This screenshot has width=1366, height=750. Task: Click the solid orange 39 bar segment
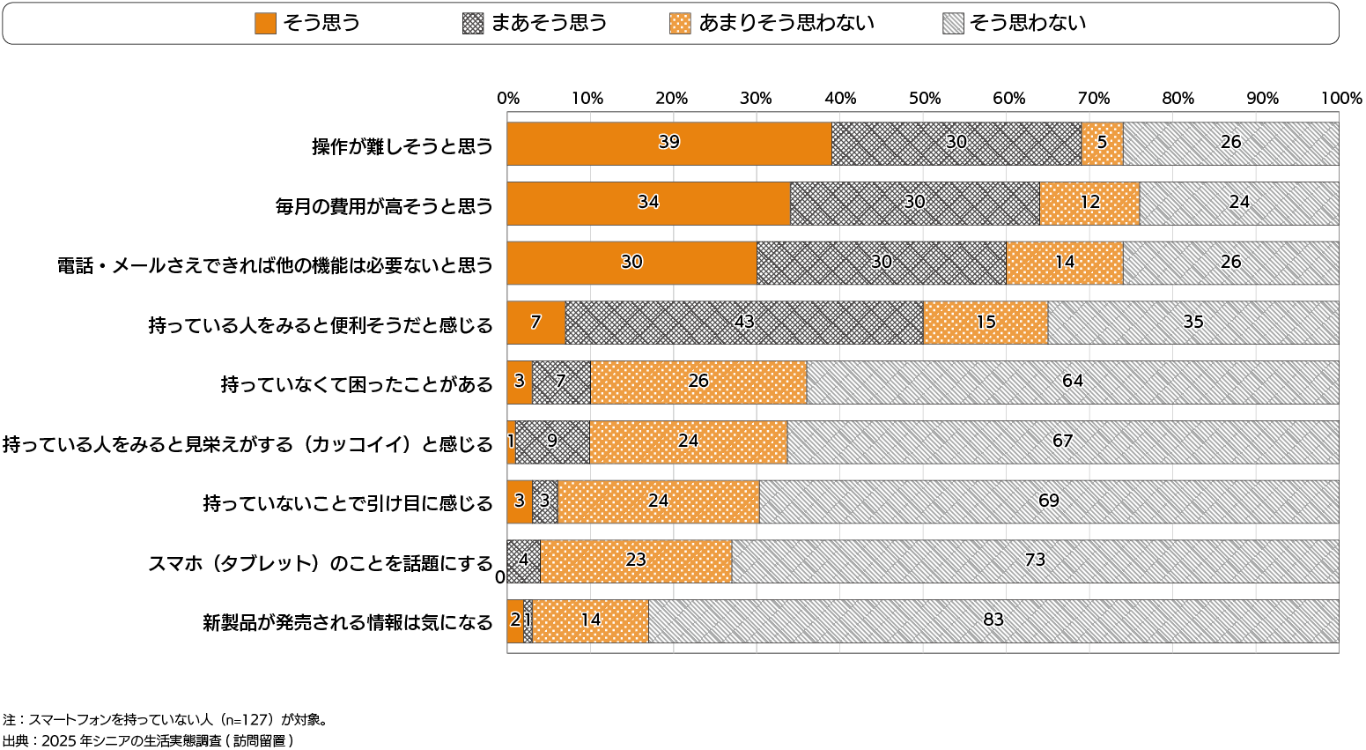tap(669, 144)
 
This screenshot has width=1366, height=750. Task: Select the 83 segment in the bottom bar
tap(993, 621)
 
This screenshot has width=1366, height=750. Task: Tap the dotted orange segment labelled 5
tap(1102, 144)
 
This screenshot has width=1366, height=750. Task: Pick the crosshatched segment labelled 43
tap(744, 323)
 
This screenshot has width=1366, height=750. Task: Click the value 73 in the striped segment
tap(1035, 561)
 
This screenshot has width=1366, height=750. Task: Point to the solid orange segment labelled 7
tap(535, 323)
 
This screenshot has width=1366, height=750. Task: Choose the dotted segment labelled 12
tap(1089, 204)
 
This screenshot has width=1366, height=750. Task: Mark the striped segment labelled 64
tap(1072, 382)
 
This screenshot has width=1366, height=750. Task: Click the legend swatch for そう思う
tap(265, 24)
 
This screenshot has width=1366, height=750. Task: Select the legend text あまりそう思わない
tap(786, 24)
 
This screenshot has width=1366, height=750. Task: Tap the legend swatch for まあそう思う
tap(473, 24)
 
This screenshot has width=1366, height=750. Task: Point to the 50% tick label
tap(924, 99)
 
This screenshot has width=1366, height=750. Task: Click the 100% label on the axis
tap(1341, 99)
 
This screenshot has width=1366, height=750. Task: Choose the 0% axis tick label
tap(508, 99)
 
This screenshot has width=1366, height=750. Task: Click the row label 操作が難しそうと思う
tap(402, 146)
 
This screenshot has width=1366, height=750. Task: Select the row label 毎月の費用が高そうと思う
tap(384, 206)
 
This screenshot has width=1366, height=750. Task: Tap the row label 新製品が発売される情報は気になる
tap(348, 623)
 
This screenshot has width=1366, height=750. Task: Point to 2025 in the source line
tap(59, 741)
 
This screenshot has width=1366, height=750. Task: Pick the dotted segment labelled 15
tap(986, 323)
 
